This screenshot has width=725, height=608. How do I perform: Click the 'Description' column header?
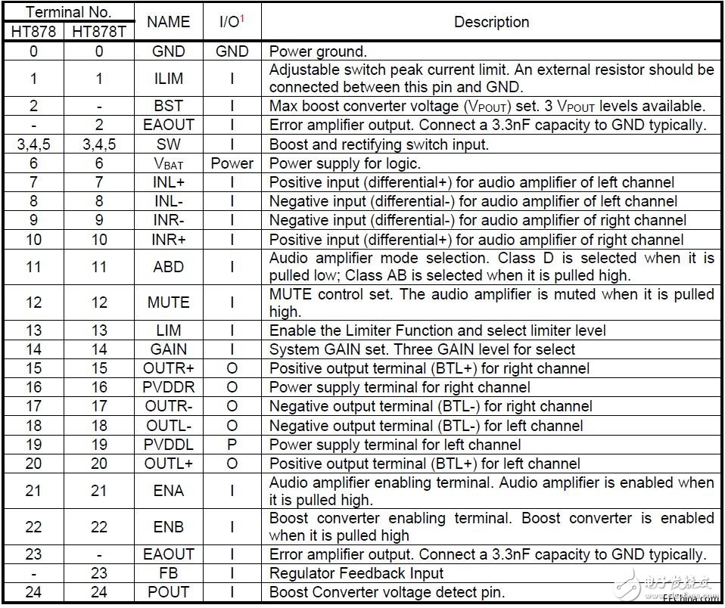click(491, 22)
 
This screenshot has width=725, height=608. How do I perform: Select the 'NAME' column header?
click(168, 22)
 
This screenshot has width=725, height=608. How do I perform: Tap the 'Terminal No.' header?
click(69, 12)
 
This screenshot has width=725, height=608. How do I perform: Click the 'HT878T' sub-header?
click(99, 32)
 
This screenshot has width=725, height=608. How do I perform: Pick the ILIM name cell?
click(168, 78)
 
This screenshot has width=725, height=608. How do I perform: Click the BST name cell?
click(168, 106)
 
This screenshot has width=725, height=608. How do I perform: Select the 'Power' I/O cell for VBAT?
click(232, 163)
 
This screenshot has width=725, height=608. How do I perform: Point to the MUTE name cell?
click(168, 302)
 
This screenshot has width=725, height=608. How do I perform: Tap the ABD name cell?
click(168, 267)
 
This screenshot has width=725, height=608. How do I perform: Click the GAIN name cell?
click(168, 349)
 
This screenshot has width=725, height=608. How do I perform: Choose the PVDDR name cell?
click(168, 387)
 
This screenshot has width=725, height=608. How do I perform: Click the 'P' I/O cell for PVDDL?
click(232, 444)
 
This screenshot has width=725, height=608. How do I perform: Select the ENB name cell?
click(168, 526)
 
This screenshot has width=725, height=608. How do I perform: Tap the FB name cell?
click(168, 573)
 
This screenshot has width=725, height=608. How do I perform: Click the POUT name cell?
click(168, 592)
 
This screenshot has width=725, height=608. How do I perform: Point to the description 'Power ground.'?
click(318, 51)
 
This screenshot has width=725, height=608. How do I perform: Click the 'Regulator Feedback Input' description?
click(356, 573)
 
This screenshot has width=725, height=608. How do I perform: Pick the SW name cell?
click(168, 144)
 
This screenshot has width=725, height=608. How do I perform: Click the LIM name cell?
click(168, 330)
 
